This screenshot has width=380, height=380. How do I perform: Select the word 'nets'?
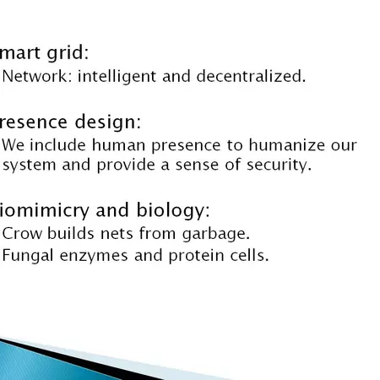pyautogui.click(x=108, y=233)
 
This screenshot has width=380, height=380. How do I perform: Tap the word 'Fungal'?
pyautogui.click(x=28, y=255)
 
